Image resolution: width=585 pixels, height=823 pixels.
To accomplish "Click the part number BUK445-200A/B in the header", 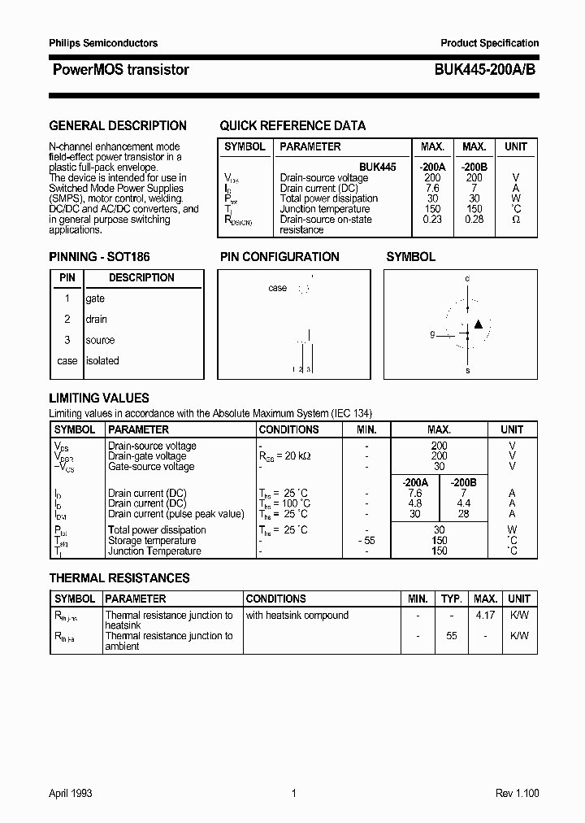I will pyautogui.click(x=479, y=70).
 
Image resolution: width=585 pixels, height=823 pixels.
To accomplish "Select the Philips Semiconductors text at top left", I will pyautogui.click(x=103, y=43).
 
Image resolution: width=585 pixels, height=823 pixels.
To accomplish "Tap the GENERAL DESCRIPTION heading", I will pyautogui.click(x=118, y=126).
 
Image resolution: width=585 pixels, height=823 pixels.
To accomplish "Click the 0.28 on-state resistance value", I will pyautogui.click(x=474, y=220).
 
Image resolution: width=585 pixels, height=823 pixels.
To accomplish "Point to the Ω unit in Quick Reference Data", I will pyautogui.click(x=516, y=220).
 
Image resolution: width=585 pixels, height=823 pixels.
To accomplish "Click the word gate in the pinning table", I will pyautogui.click(x=95, y=298).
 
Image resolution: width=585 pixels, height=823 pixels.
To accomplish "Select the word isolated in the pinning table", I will pyautogui.click(x=102, y=361).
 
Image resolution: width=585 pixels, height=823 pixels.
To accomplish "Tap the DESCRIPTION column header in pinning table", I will pyautogui.click(x=141, y=278).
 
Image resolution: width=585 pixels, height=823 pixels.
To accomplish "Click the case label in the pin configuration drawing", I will pyautogui.click(x=277, y=288).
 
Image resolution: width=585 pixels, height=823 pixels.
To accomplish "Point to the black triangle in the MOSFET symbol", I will pyautogui.click(x=478, y=324).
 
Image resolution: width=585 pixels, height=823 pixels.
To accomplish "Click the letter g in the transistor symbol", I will pyautogui.click(x=432, y=334).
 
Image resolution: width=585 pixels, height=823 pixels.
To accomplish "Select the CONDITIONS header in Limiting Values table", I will pyautogui.click(x=288, y=429).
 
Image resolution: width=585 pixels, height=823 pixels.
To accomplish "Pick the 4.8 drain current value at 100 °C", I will pyautogui.click(x=415, y=503).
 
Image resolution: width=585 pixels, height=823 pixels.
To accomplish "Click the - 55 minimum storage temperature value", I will pyautogui.click(x=366, y=541).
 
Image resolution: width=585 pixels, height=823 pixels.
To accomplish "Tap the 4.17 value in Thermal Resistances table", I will pyautogui.click(x=485, y=616).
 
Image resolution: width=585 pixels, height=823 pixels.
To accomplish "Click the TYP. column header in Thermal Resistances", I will pyautogui.click(x=451, y=599).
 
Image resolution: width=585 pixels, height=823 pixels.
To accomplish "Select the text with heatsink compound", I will pyautogui.click(x=297, y=616).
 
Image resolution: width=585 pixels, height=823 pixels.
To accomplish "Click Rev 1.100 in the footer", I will pyautogui.click(x=517, y=794).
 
